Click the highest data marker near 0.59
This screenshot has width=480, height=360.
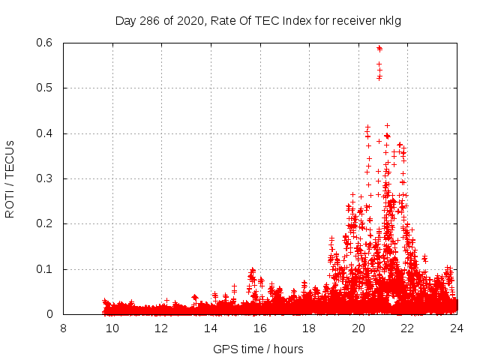[379, 49]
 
